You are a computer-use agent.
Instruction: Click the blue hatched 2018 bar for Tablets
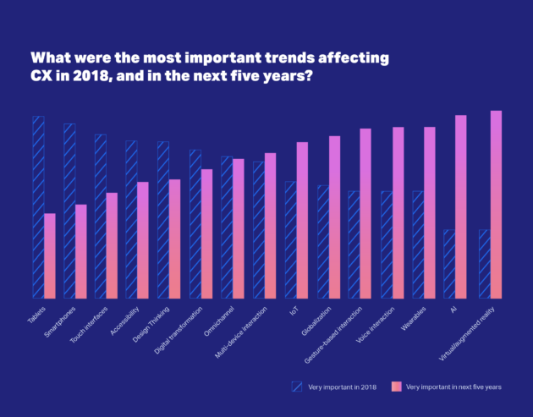(x=38, y=207)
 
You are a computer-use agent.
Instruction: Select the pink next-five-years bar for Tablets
(x=50, y=255)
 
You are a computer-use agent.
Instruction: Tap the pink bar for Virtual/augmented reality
(x=497, y=205)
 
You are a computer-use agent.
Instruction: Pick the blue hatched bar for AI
(x=449, y=264)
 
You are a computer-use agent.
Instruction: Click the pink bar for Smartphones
(x=81, y=251)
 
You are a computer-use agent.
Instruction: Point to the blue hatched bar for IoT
(x=290, y=239)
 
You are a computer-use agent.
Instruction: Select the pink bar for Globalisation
(x=334, y=217)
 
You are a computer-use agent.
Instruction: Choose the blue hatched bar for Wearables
(x=418, y=244)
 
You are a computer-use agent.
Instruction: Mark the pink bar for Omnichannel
(x=239, y=228)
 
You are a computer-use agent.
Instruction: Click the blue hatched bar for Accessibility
(x=131, y=219)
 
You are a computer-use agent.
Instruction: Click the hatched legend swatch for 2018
(x=297, y=386)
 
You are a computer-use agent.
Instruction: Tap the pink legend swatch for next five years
(x=396, y=386)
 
